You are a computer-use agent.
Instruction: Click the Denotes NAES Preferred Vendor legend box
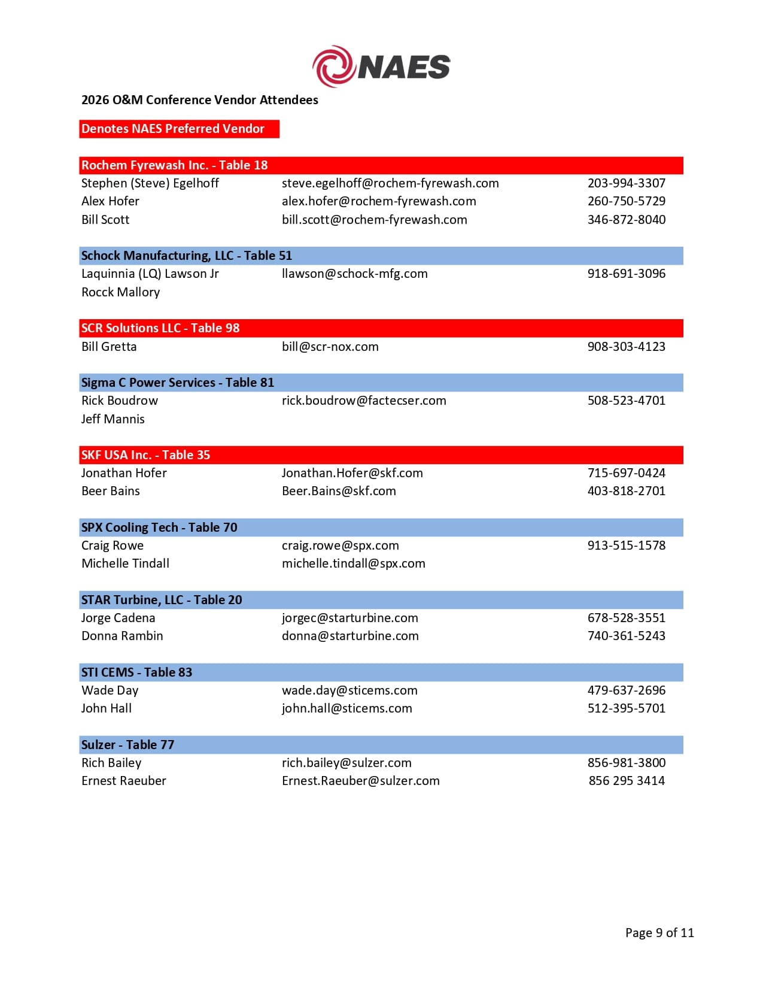tap(179, 129)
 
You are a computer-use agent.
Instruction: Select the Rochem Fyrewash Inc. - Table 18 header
tap(174, 165)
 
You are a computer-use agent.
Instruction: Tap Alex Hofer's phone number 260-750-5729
tap(626, 201)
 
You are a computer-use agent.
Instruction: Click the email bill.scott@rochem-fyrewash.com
tap(374, 220)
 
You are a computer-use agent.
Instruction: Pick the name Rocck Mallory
tap(120, 292)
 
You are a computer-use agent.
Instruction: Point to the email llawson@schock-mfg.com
tap(354, 274)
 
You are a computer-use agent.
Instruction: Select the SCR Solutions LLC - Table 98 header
tap(160, 328)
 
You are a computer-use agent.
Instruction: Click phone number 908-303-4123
tap(626, 347)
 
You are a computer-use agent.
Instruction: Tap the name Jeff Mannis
tap(113, 419)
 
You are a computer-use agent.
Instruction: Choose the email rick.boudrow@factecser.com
tap(364, 401)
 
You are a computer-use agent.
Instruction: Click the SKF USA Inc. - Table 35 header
tap(145, 455)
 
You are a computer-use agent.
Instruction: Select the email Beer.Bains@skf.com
tap(339, 491)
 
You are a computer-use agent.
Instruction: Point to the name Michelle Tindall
tap(125, 563)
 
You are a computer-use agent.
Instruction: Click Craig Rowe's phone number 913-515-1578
tap(626, 545)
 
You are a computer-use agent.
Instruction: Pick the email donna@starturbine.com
tap(350, 636)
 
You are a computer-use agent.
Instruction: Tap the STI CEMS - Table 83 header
tap(136, 672)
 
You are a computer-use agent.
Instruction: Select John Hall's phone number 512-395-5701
tap(626, 708)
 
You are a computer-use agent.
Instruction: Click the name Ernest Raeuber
tap(123, 781)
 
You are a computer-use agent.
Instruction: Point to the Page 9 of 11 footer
tap(659, 933)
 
